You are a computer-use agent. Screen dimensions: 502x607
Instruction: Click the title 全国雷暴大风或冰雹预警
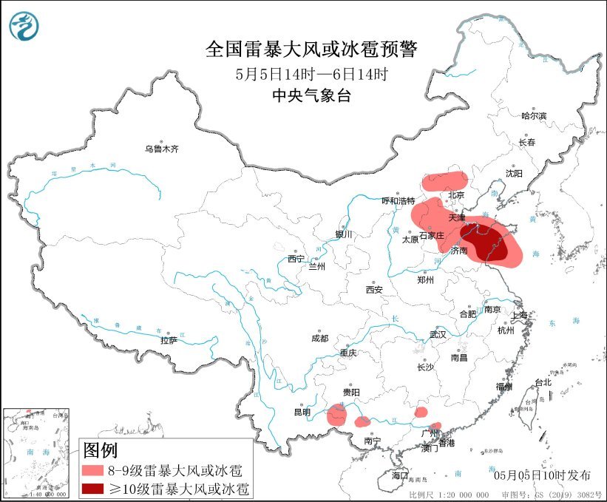311,50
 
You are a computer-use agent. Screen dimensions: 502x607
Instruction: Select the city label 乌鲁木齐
162,149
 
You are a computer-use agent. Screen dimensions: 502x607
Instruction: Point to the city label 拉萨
169,340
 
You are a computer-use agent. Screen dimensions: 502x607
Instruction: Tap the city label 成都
319,338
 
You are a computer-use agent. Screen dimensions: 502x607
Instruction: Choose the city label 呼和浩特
399,200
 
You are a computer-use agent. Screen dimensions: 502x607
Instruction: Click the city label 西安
373,290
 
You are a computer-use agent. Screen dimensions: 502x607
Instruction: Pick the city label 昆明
302,412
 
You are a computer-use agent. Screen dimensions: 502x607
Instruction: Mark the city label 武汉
438,334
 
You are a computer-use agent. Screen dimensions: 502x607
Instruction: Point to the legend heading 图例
100,450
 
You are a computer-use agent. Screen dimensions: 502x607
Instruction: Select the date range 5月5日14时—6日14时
311,74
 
